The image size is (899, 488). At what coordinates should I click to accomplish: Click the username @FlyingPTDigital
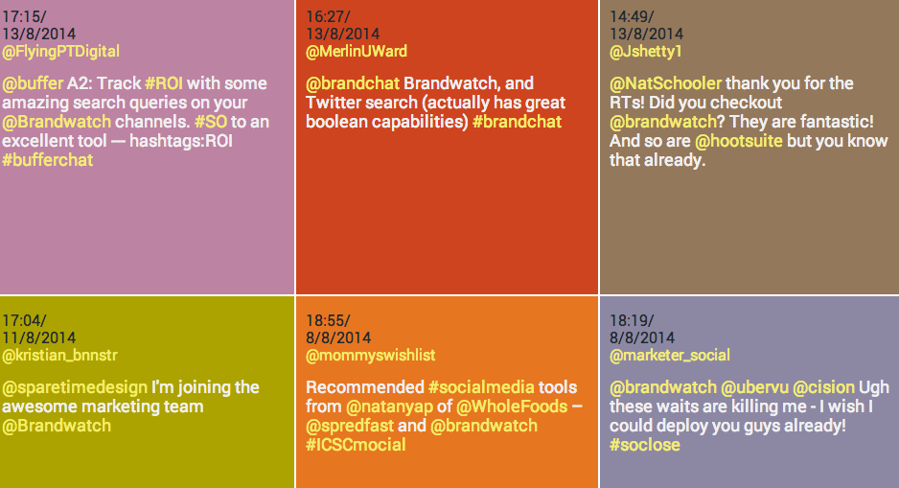tap(61, 51)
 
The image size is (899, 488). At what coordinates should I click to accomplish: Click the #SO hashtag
tap(210, 122)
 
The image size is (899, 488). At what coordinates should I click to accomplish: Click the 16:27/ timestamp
tap(328, 16)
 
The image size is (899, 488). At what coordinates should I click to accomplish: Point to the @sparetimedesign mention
tap(76, 387)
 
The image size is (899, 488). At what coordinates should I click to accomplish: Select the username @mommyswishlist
tap(370, 355)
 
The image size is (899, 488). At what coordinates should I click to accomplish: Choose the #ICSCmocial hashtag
tap(356, 445)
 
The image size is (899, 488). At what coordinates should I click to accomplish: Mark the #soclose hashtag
tap(645, 445)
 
